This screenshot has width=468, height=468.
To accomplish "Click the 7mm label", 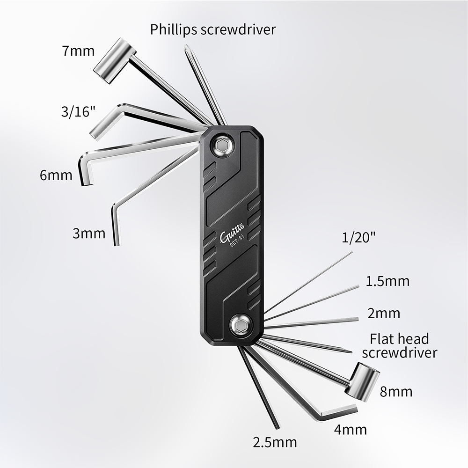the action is [78, 51].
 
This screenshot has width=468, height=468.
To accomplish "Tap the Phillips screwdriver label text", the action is [213, 29].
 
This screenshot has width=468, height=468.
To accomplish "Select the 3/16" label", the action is [78, 112].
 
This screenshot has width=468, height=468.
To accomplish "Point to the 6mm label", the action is [56, 175].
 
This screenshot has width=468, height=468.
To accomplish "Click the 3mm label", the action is [89, 233].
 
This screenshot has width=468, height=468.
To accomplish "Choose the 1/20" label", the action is [358, 238].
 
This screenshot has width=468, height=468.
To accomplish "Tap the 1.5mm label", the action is [388, 281].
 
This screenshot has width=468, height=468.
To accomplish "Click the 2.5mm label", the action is [275, 442].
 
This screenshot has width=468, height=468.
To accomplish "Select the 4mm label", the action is [351, 430].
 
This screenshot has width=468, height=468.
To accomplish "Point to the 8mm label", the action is [396, 392].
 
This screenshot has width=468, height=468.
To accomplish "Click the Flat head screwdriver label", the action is [399, 346].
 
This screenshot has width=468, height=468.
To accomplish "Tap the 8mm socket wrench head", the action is [362, 381].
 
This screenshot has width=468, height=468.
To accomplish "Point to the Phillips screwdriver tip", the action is [186, 47].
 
